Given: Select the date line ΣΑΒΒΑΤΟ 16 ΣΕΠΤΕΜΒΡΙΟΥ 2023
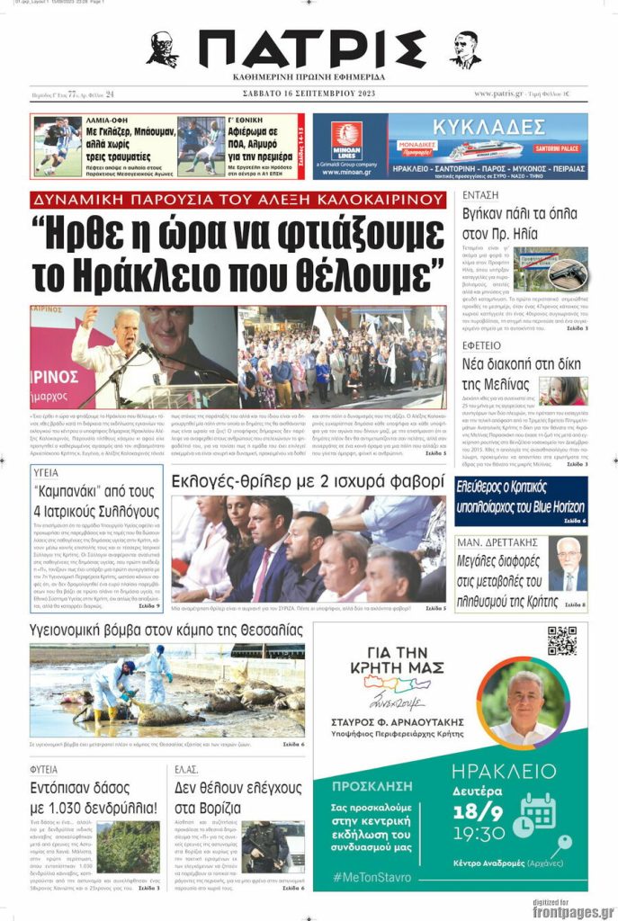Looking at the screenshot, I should tap(308, 94).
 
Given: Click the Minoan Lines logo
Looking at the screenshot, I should tap(346, 140).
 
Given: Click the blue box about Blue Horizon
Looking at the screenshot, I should tap(521, 500).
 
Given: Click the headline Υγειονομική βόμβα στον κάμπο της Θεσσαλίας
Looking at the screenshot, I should tap(166, 630).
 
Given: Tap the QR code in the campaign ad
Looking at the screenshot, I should tap(561, 639).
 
